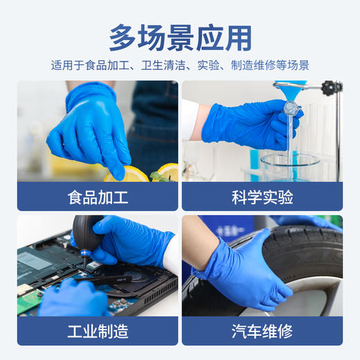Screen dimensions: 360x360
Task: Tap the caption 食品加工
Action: pos(98,197)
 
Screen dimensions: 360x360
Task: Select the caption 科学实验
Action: pos(262,197)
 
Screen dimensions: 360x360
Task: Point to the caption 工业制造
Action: pos(98,331)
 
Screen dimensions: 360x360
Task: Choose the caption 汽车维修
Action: pos(262,331)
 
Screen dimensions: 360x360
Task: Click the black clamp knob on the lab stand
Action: pos(332,88)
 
